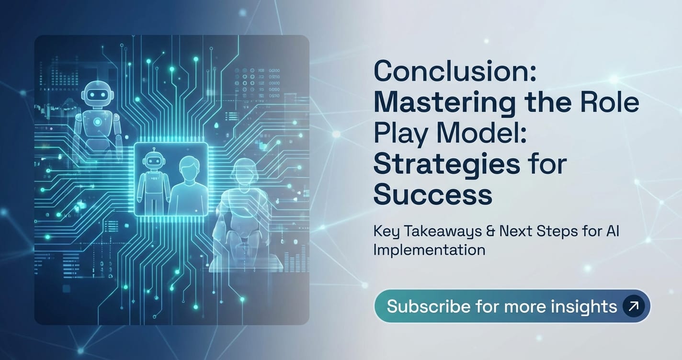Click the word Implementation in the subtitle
pyautogui.click(x=429, y=249)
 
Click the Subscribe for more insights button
pyautogui.click(x=512, y=306)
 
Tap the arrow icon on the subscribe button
pyautogui.click(x=633, y=306)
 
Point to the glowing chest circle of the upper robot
pyautogui.click(x=98, y=122)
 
